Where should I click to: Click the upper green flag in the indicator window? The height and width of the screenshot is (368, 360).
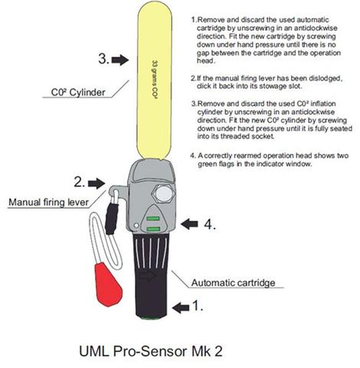tap(154, 217)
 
